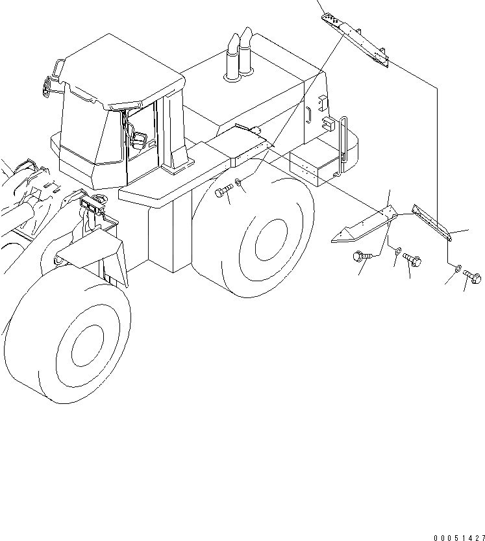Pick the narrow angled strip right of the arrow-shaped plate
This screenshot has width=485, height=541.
432,222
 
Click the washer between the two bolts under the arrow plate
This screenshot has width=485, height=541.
397,251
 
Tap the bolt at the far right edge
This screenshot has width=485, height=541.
471,277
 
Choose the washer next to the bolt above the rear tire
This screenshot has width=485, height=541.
240,183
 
